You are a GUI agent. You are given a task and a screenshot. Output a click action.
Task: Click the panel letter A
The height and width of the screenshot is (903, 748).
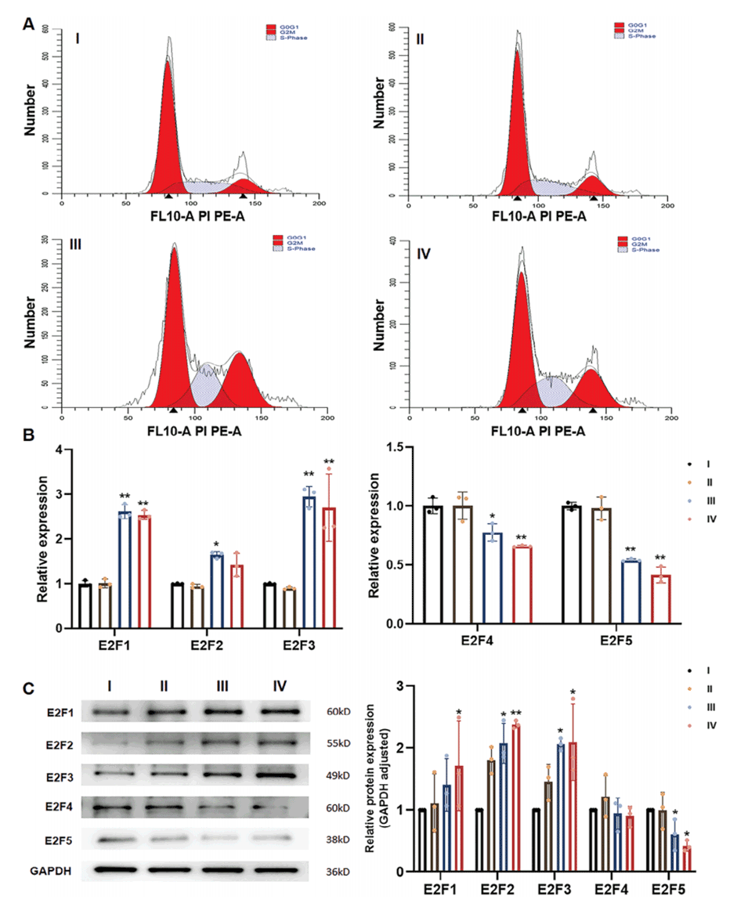click(x=28, y=25)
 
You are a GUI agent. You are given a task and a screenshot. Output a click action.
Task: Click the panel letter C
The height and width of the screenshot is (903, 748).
click(x=28, y=689)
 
